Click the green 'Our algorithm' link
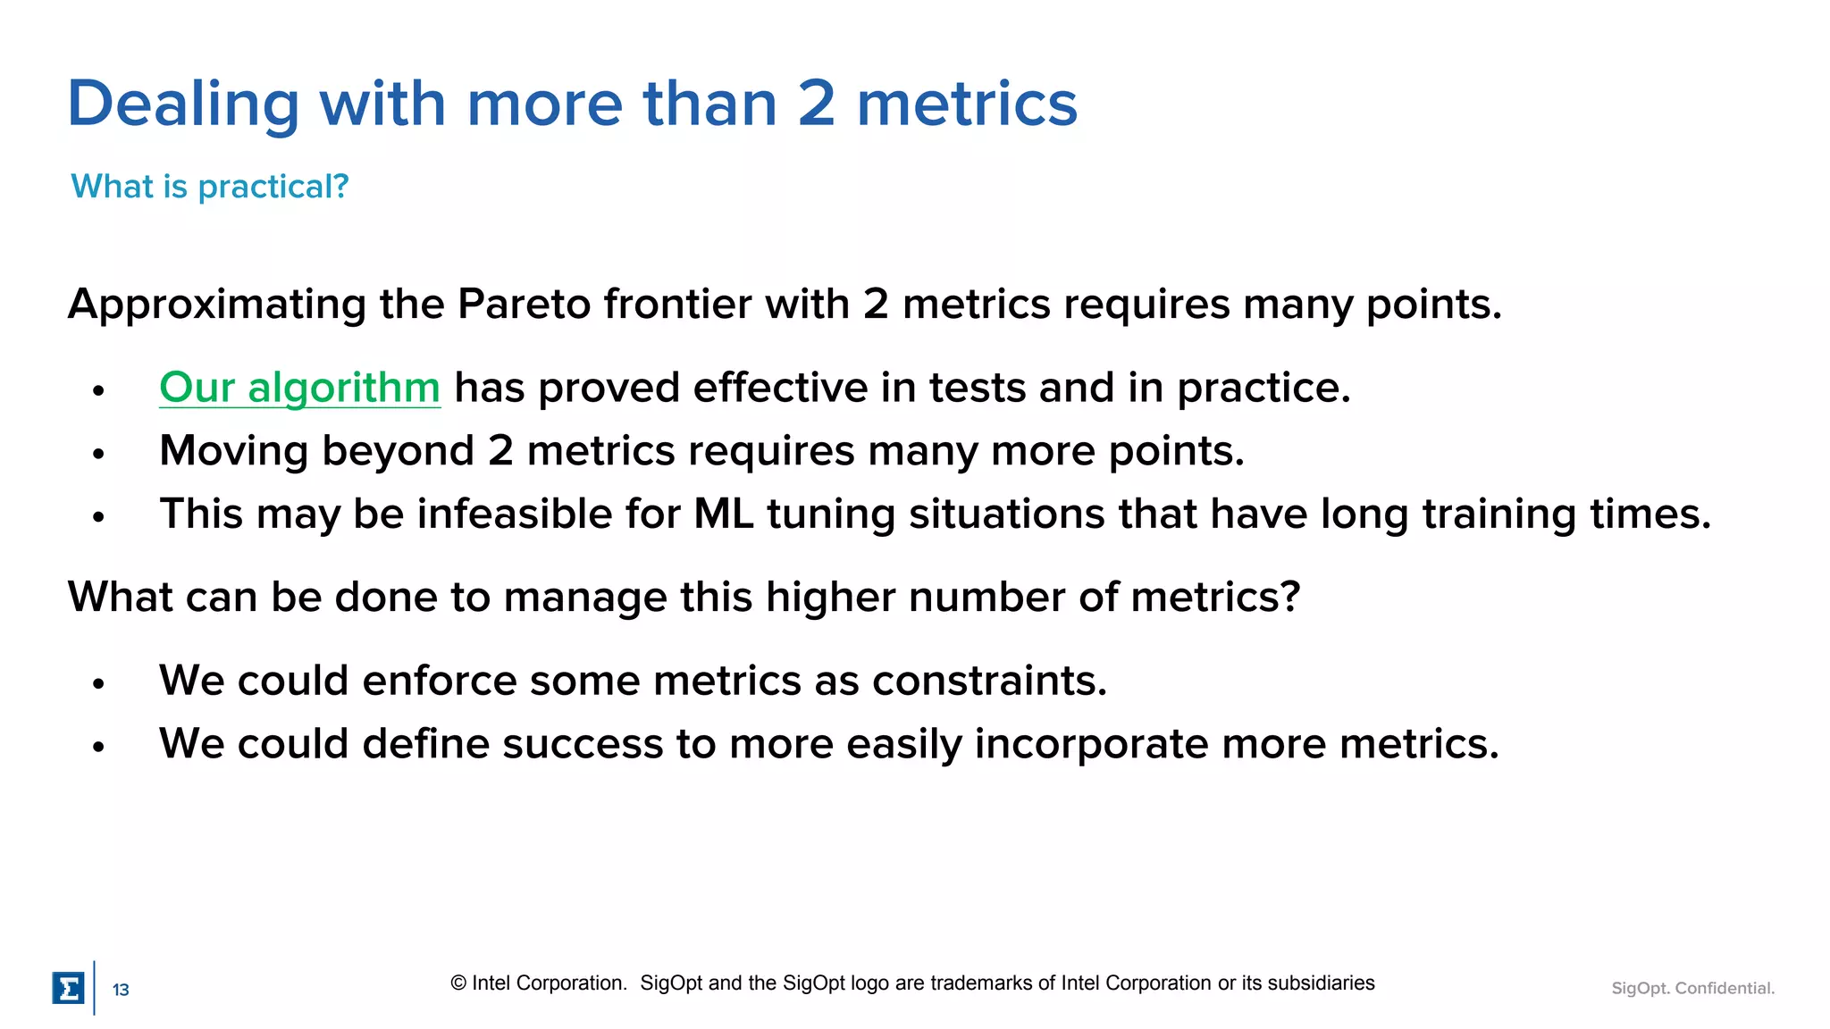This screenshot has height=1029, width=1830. (x=299, y=389)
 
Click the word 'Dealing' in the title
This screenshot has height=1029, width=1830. (x=183, y=105)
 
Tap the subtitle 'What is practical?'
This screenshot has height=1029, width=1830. (x=209, y=186)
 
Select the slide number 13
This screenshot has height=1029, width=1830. (x=121, y=990)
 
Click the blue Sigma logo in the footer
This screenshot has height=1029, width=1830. (x=68, y=988)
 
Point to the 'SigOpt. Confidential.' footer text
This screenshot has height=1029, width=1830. (x=1692, y=988)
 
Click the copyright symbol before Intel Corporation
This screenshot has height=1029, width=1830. (x=458, y=983)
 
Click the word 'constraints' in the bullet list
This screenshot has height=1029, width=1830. (x=989, y=681)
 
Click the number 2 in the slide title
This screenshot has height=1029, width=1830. (x=816, y=105)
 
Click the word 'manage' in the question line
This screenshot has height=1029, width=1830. (x=585, y=597)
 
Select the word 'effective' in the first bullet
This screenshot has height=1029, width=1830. (x=779, y=389)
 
